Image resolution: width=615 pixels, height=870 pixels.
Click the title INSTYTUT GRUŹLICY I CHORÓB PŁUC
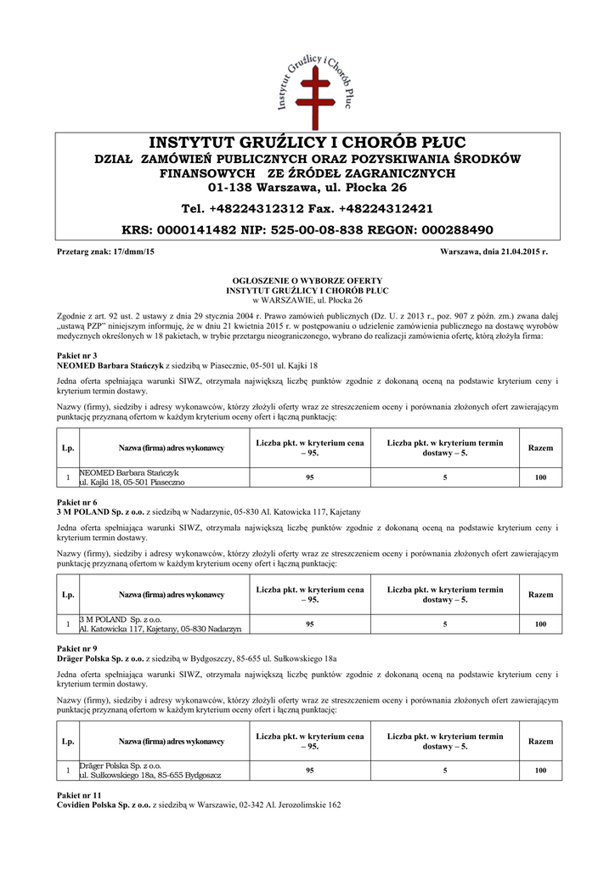point(307,141)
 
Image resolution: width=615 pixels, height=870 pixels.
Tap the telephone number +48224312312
point(268,208)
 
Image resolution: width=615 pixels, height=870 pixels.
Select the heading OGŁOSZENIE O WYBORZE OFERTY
point(307,280)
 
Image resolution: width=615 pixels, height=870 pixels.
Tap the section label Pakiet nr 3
point(76,354)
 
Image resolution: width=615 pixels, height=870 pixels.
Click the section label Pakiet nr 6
point(76,502)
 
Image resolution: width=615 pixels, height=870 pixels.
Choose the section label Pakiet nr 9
point(76,649)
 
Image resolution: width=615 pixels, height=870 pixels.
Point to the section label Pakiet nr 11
point(78,794)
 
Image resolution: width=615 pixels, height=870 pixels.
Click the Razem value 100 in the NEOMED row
point(540,477)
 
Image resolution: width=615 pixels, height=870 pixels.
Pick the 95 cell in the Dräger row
point(310,771)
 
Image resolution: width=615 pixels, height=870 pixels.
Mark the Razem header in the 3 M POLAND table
point(540,595)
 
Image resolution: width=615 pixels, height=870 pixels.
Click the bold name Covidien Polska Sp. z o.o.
point(103,805)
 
